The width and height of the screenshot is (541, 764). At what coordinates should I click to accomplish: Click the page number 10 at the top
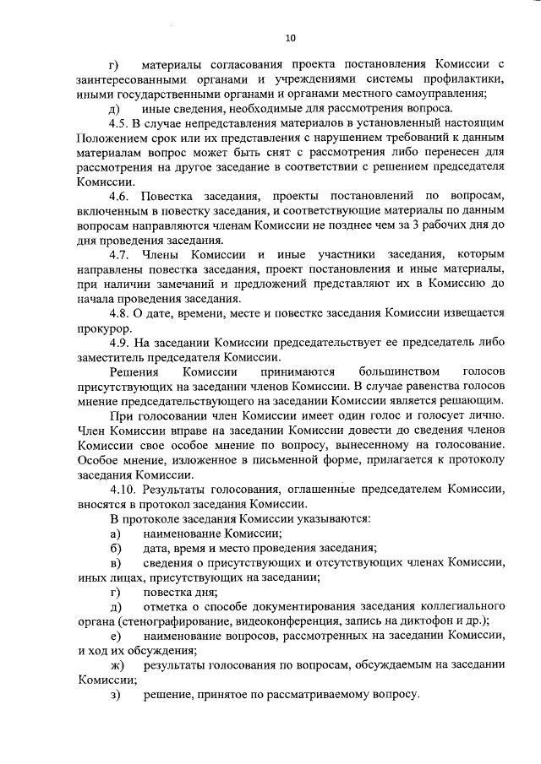click(x=290, y=37)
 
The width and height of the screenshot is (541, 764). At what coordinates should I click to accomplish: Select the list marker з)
click(x=115, y=694)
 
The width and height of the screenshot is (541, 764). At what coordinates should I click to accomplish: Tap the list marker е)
click(x=115, y=635)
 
